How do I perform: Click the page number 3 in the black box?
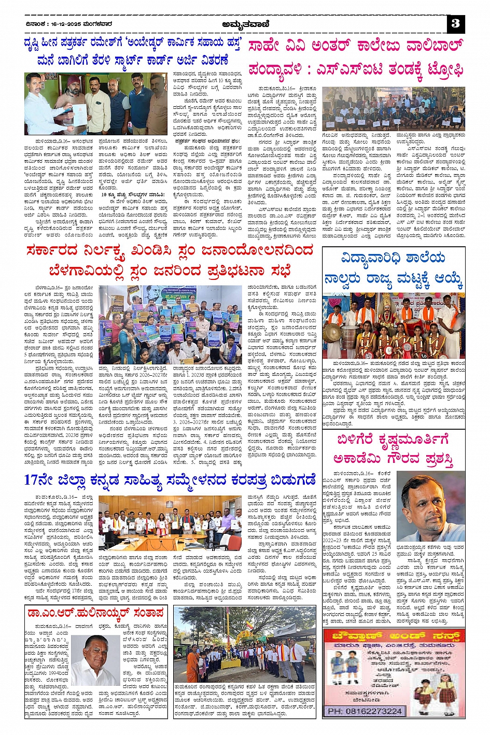pyautogui.click(x=455, y=23)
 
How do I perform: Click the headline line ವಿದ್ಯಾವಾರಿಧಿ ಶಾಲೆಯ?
pyautogui.click(x=393, y=258)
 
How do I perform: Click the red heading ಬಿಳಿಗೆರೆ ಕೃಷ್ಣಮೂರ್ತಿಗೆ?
pyautogui.click(x=393, y=440)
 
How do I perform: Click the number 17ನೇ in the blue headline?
pyautogui.click(x=39, y=480)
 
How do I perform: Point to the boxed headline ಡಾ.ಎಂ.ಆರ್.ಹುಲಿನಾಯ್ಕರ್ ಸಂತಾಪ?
pyautogui.click(x=96, y=613)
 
